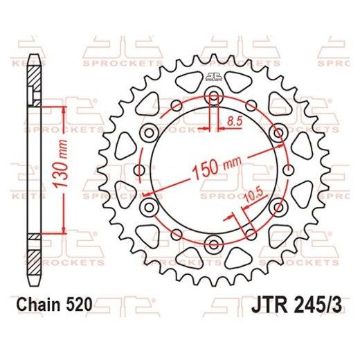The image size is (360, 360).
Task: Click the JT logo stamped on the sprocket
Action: click(x=213, y=77)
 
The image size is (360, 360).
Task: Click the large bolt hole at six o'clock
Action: click(x=213, y=244)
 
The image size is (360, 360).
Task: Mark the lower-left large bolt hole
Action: click(x=147, y=206)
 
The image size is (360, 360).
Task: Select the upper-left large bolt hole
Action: click(x=147, y=132)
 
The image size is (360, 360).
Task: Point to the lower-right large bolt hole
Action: click(x=278, y=206)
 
